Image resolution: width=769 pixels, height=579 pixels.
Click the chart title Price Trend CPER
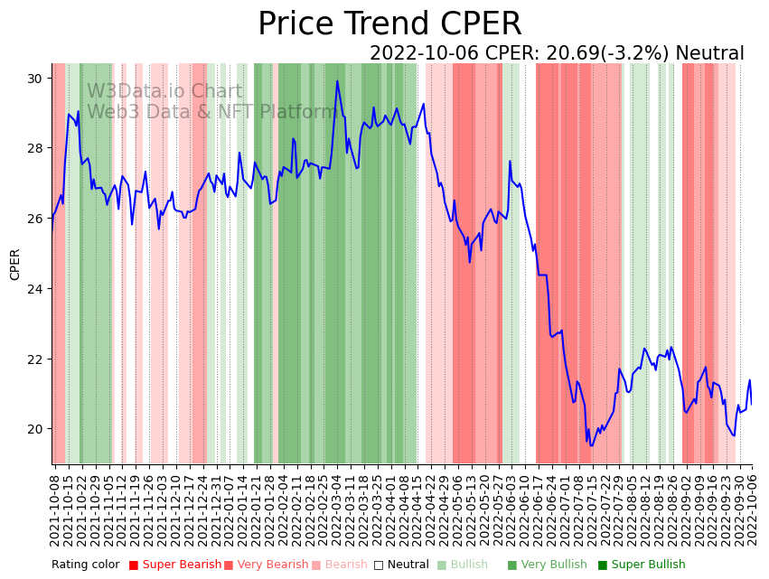click(x=389, y=24)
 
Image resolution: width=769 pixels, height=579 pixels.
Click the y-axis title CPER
click(x=15, y=265)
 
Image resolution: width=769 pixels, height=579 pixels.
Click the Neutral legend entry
click(x=402, y=565)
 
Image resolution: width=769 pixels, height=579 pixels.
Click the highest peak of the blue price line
click(x=338, y=81)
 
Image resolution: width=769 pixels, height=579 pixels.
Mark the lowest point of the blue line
click(x=592, y=444)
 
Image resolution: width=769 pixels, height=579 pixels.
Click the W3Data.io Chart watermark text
click(x=164, y=92)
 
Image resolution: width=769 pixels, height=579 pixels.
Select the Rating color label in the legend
click(x=85, y=565)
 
